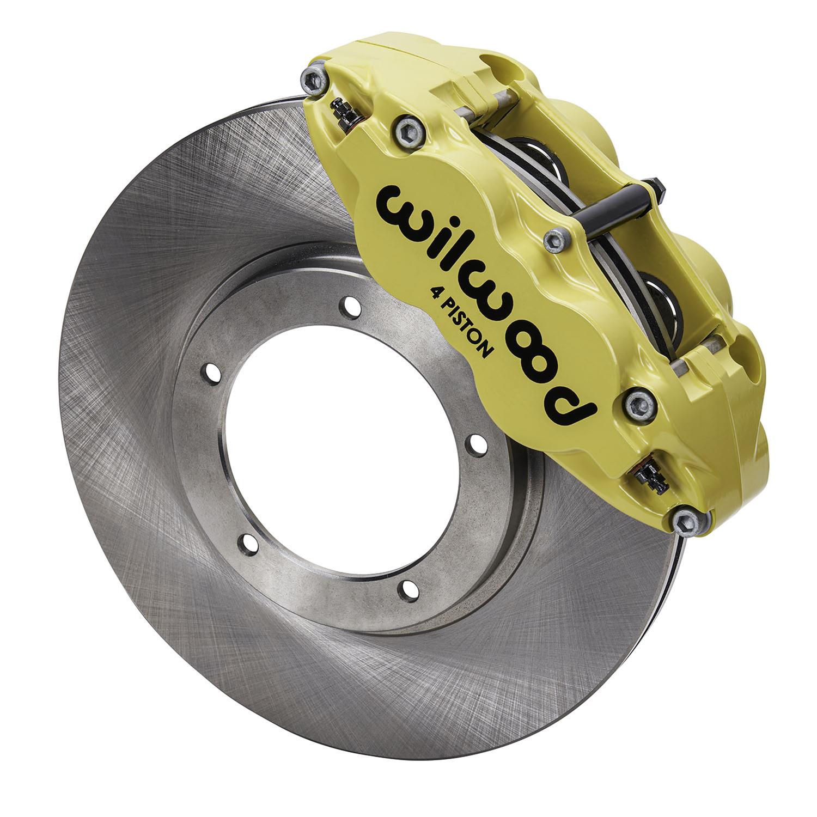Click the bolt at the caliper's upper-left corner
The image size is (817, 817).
(x=315, y=80)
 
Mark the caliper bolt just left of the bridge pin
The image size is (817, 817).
(x=556, y=239)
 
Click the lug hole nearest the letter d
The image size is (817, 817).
(x=478, y=441)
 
